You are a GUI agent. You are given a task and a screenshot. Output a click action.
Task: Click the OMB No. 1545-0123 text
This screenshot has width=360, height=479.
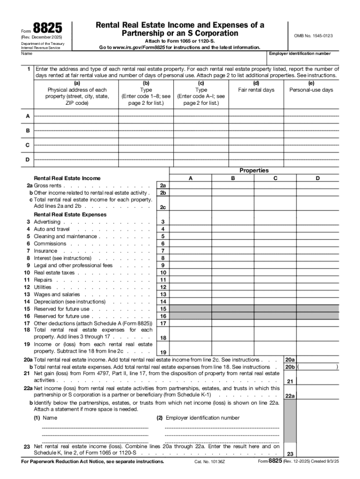tap(313, 36)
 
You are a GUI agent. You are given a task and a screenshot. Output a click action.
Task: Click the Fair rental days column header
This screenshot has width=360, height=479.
tap(256, 90)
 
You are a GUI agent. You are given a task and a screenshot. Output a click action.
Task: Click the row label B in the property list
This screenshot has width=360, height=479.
tap(28, 131)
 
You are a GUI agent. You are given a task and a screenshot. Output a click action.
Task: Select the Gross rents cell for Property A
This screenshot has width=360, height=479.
tap(190, 186)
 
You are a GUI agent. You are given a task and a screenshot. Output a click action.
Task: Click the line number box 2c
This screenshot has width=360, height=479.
tap(163, 207)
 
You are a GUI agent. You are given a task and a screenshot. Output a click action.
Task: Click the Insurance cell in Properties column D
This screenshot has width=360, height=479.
tap(317, 251)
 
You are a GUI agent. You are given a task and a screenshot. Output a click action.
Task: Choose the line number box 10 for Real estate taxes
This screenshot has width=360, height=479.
tap(163, 273)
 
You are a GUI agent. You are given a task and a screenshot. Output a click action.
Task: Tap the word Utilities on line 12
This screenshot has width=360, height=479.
tap(43, 287)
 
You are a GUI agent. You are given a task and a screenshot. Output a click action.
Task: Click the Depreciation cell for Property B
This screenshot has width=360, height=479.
tap(233, 302)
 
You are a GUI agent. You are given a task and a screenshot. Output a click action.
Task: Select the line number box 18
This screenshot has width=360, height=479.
tap(163, 338)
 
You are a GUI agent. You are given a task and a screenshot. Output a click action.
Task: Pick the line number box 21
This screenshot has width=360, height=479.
tap(290, 381)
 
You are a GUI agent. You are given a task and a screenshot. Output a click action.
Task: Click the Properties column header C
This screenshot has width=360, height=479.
tap(275, 178)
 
